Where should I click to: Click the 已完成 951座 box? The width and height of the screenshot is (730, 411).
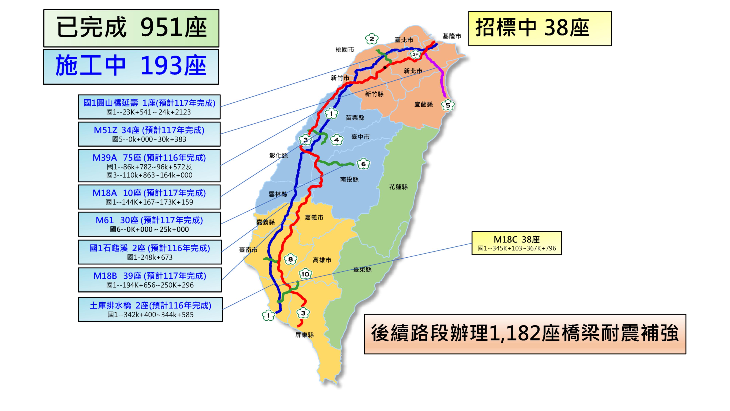click(131, 28)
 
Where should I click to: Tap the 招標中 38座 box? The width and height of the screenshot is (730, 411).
click(540, 28)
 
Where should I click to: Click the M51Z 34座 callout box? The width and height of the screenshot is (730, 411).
click(149, 134)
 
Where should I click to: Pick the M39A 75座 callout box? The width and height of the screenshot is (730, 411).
click(149, 166)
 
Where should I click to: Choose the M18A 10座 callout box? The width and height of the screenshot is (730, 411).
click(149, 197)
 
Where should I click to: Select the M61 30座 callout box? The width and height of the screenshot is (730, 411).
click(149, 224)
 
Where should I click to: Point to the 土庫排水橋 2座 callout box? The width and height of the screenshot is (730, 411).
click(150, 309)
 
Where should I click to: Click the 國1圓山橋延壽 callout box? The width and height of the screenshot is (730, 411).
click(149, 107)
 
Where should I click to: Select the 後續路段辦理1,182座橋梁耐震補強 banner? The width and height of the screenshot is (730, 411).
click(525, 334)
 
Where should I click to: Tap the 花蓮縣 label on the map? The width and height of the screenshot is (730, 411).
click(398, 187)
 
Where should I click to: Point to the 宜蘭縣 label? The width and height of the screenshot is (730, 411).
click(423, 104)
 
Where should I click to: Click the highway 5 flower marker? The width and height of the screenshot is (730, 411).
click(448, 105)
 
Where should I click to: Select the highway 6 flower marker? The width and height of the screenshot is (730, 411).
click(363, 164)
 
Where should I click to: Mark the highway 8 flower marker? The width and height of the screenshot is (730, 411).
click(291, 259)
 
